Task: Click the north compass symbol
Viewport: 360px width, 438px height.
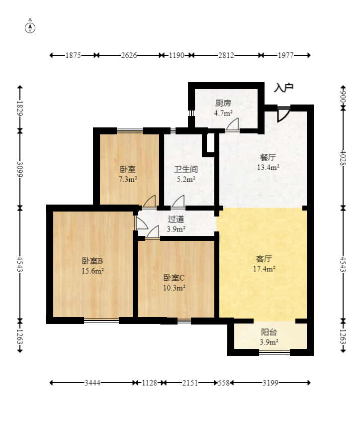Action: tap(30, 28)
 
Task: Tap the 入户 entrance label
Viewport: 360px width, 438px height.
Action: tap(283, 88)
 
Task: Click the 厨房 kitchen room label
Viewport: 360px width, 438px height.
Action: tap(223, 104)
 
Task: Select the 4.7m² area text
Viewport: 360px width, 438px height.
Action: tap(223, 113)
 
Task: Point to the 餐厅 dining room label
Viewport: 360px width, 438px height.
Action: tap(268, 157)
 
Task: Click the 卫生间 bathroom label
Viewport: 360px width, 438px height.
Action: tap(186, 169)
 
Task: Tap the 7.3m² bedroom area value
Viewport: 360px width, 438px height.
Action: tap(128, 179)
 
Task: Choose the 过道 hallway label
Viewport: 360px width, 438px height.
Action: tap(176, 219)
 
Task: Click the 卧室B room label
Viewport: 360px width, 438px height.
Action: tap(92, 261)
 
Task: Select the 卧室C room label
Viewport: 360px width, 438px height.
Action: tap(174, 278)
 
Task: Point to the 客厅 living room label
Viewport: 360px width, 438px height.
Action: tap(264, 259)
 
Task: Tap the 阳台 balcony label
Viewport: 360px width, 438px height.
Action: tap(269, 332)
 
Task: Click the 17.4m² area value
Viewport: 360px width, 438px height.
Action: tap(264, 269)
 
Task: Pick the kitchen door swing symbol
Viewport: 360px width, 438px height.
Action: tap(233, 124)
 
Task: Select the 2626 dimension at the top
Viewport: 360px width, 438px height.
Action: tap(129, 55)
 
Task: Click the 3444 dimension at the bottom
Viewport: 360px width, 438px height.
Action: tap(92, 383)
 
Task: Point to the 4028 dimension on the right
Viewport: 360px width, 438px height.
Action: tap(343, 158)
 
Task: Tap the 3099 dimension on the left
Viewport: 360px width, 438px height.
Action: tap(19, 169)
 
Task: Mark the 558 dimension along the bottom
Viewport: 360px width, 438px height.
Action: tap(224, 383)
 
